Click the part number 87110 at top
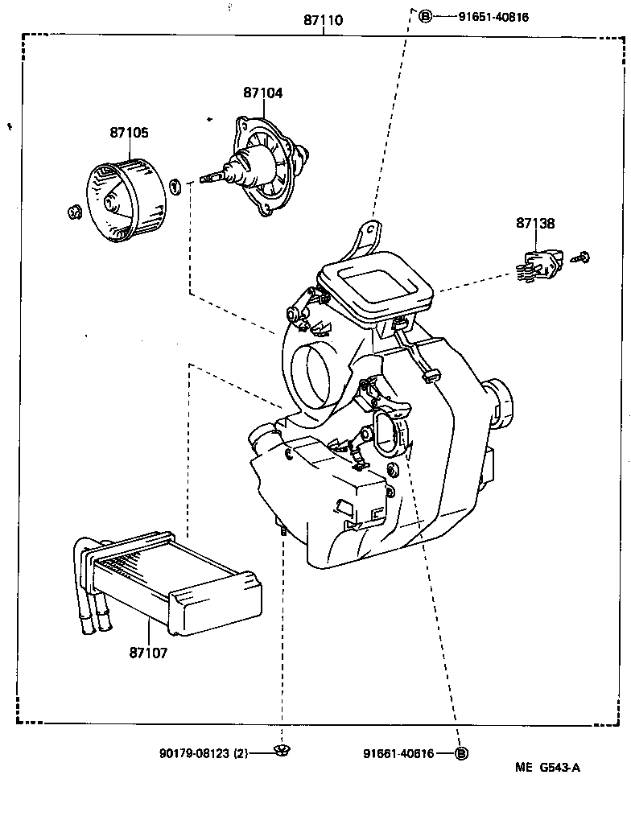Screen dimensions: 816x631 click(323, 20)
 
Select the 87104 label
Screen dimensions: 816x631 click(263, 93)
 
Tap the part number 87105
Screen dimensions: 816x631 click(129, 133)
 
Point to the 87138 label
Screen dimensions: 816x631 click(535, 224)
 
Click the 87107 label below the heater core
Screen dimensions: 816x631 click(148, 653)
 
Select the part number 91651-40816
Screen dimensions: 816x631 click(493, 16)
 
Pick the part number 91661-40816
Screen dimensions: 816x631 click(398, 753)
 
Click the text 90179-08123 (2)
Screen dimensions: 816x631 click(205, 753)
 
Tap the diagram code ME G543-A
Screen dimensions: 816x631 click(547, 767)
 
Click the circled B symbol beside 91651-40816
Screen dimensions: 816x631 click(425, 16)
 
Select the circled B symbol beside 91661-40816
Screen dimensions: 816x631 click(461, 753)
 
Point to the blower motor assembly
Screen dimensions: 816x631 click(262, 167)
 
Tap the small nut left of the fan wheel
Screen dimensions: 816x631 click(74, 212)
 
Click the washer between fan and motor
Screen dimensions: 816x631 click(174, 186)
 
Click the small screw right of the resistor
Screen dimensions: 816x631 click(583, 258)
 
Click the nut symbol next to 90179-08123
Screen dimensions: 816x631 click(281, 752)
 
